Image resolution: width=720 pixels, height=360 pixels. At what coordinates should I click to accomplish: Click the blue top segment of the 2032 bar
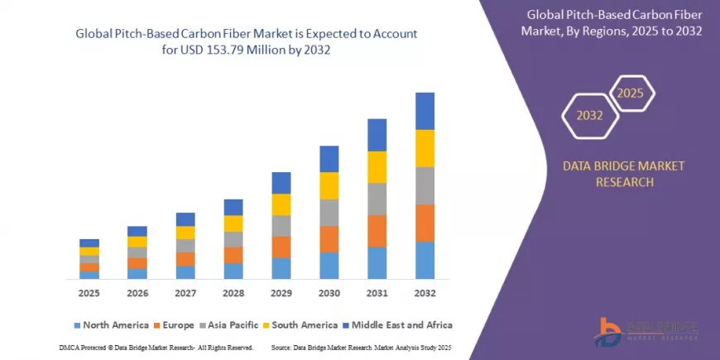[425, 111]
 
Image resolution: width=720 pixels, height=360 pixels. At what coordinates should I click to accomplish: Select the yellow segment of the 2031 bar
[377, 167]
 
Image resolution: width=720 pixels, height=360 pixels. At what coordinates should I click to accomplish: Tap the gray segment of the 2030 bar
[329, 213]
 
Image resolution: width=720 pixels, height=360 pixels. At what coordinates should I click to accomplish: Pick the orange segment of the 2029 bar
[281, 247]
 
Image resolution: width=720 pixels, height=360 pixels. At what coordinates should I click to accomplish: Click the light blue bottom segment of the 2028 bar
[233, 271]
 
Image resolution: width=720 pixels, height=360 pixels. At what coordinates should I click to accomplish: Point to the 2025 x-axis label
[89, 293]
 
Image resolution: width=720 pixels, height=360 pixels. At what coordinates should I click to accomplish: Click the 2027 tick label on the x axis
[185, 293]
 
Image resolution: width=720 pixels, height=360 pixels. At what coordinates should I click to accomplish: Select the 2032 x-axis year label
[425, 293]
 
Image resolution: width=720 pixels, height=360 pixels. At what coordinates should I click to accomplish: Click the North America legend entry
[111, 324]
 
